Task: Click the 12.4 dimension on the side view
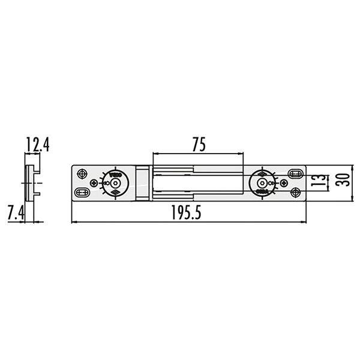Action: [37, 144]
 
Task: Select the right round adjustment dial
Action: [261, 182]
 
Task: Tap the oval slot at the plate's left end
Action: [82, 192]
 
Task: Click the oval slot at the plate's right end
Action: [295, 172]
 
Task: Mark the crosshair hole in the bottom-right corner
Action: [295, 192]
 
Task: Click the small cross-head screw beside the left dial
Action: [93, 182]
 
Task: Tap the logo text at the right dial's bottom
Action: [261, 191]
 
